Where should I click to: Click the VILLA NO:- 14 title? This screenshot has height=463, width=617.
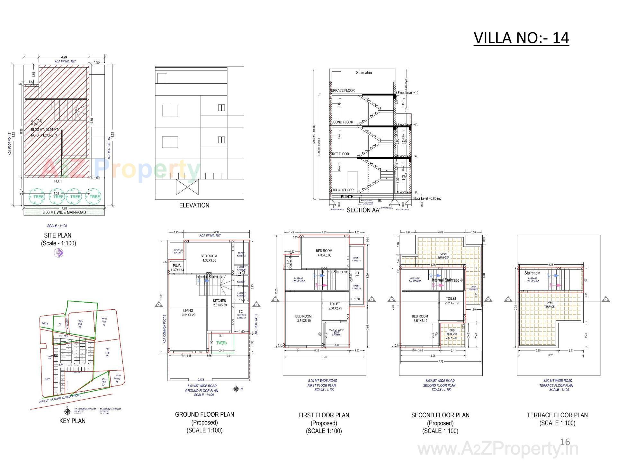[x=521, y=38]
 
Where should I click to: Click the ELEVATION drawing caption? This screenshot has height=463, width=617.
[x=194, y=205]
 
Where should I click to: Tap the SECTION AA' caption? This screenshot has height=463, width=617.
[x=363, y=210]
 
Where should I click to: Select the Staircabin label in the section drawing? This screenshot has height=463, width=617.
[x=364, y=73]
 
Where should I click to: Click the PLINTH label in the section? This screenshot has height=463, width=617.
[x=347, y=196]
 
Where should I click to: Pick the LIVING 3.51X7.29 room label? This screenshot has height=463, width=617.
[x=188, y=313]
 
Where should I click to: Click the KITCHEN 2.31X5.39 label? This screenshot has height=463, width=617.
[x=220, y=303]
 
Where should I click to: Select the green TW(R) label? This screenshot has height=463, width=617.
[x=221, y=343]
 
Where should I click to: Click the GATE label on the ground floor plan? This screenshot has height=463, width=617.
[x=201, y=379]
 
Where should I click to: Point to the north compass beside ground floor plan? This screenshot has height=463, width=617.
[x=236, y=389]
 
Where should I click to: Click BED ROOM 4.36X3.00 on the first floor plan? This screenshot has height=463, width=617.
[x=324, y=253]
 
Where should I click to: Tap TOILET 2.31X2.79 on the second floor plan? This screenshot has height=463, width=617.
[x=451, y=301]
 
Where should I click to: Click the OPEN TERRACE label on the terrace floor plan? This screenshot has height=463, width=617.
[x=550, y=304]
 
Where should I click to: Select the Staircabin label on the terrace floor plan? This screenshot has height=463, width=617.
[x=532, y=273]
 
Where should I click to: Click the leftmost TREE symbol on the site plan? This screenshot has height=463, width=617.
[x=38, y=196]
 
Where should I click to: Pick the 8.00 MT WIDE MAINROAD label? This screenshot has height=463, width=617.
[x=64, y=212]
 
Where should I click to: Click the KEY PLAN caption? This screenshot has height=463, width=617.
[x=72, y=421]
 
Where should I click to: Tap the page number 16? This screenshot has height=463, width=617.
[x=565, y=442]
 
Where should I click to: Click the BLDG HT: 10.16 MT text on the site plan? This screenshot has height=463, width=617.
[x=45, y=129]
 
